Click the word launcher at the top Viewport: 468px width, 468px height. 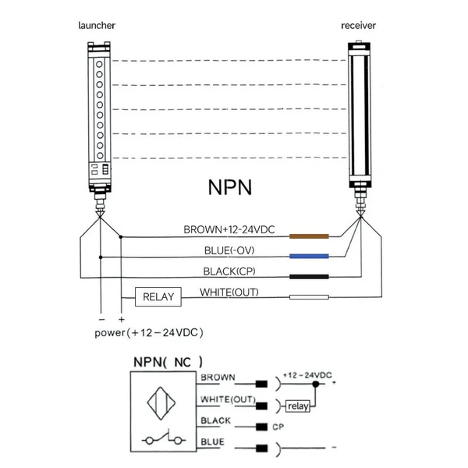tap(97, 26)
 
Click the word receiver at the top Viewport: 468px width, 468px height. tap(359, 26)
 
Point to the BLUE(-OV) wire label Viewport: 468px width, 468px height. tap(229, 250)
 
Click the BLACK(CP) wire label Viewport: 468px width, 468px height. tap(230, 271)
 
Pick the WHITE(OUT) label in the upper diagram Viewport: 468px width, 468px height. tap(229, 292)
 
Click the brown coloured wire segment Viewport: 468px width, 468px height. tap(310, 235)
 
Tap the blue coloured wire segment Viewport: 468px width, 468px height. tap(310, 256)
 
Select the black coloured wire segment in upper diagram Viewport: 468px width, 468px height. tap(310, 276)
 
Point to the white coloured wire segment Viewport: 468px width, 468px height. tap(310, 297)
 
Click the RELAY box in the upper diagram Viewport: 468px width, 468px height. tap(158, 297)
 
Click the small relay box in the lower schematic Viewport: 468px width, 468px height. tap(298, 406)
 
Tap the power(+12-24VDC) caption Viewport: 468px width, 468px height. tap(149, 332)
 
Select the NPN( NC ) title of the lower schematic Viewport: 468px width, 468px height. tap(167, 362)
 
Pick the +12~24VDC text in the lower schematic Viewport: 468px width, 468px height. tap(307, 375)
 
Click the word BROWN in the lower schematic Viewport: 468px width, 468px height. tap(218, 378)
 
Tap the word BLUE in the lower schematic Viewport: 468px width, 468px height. tap(212, 442)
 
